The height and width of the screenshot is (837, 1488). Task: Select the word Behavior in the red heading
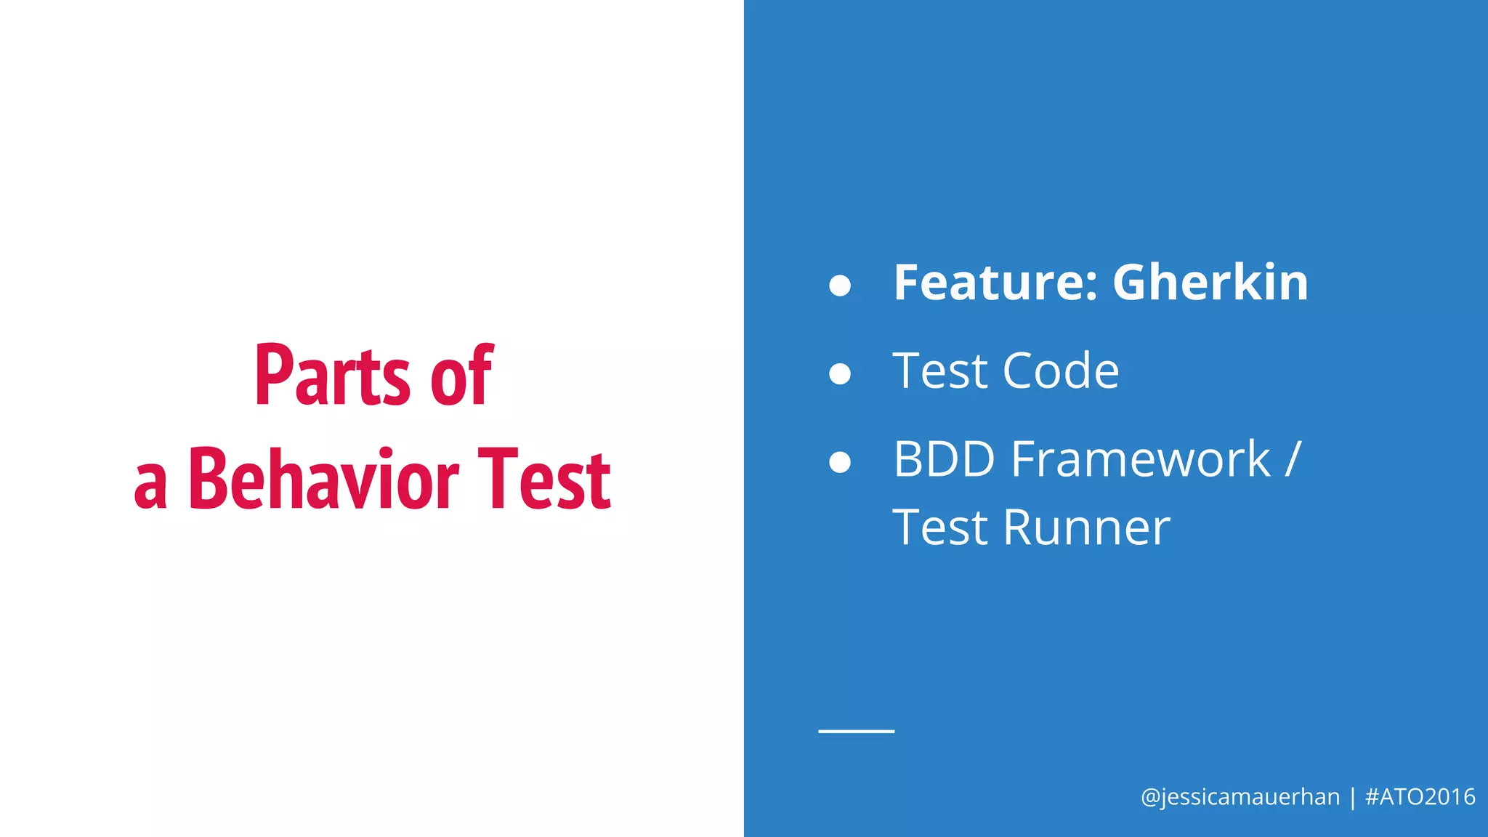point(323,480)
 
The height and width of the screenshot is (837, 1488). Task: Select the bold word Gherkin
point(1210,283)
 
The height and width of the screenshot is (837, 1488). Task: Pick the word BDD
point(944,460)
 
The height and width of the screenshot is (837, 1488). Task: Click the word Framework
point(1141,460)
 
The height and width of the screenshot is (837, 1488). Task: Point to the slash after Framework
point(1293,460)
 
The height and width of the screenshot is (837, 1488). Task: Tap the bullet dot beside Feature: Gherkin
point(840,286)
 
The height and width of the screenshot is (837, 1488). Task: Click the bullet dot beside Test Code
point(840,373)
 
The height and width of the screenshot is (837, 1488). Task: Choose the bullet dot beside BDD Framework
point(840,462)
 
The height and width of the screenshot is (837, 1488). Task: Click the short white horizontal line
point(856,731)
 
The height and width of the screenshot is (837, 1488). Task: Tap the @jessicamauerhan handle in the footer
point(1240,797)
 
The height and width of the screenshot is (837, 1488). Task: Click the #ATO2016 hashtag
point(1420,797)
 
